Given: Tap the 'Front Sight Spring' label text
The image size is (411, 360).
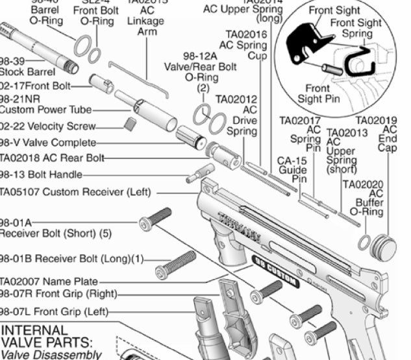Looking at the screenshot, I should tap(356, 28).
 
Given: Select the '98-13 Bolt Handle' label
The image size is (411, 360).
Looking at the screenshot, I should tap(42, 174).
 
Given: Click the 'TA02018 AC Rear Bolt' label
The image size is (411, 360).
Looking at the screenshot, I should tap(51, 158).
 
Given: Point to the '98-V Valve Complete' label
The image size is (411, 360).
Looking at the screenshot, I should tap(48, 143).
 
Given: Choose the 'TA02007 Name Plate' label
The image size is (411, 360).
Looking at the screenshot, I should tap(49, 282).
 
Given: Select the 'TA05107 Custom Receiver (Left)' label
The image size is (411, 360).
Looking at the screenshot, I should tap(75, 192).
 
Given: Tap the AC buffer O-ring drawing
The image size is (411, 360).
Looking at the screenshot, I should tap(365, 243).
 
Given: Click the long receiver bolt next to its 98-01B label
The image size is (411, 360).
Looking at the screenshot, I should tap(176, 263).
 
